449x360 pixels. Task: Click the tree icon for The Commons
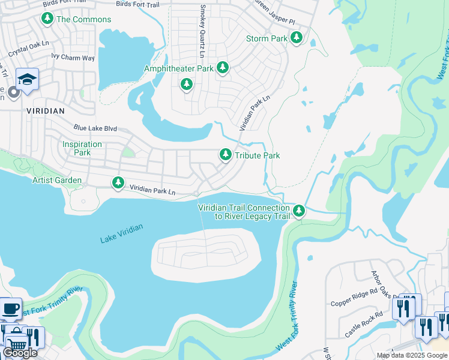click(x=47, y=19)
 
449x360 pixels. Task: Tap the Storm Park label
click(x=267, y=38)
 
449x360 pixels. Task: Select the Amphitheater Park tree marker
click(x=223, y=68)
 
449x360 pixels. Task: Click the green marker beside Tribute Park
click(x=226, y=155)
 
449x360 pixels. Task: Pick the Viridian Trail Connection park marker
click(x=298, y=211)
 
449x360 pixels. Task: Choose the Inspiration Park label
click(x=82, y=148)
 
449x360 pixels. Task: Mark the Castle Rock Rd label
click(x=364, y=325)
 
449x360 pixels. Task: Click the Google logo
click(x=20, y=353)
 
